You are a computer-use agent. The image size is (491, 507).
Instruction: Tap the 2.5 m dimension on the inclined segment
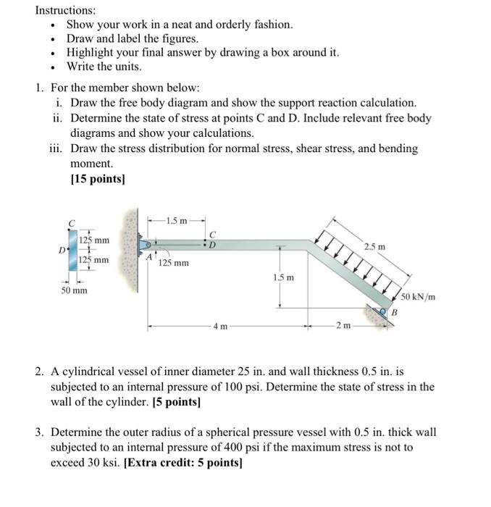click(374, 248)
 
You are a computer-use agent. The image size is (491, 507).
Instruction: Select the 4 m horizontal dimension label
click(220, 327)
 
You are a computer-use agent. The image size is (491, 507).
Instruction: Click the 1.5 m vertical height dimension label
click(282, 277)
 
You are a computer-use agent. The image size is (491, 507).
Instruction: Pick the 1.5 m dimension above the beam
click(175, 220)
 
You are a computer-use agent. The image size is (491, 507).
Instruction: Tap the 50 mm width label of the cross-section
click(73, 290)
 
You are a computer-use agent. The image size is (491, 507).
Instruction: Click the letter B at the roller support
click(395, 311)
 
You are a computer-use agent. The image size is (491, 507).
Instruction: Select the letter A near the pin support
click(150, 256)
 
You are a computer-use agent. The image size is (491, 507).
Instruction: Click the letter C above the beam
click(212, 234)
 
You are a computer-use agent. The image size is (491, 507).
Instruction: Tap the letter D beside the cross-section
click(63, 250)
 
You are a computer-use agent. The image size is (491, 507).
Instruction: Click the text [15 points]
click(97, 179)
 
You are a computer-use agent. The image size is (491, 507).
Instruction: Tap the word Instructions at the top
click(66, 11)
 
